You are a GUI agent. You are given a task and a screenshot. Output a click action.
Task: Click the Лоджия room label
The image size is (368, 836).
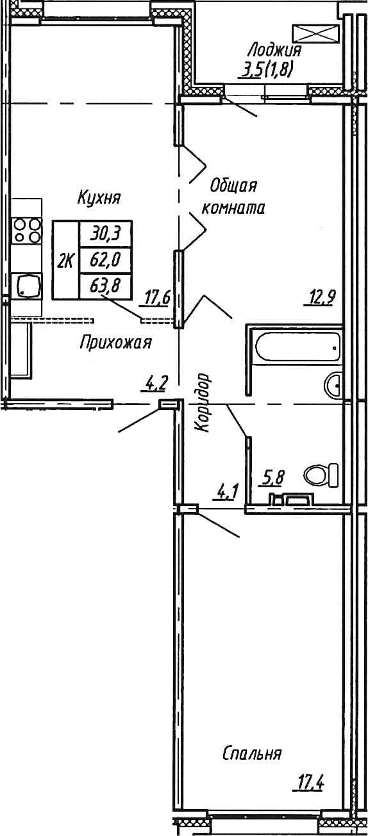(275, 49)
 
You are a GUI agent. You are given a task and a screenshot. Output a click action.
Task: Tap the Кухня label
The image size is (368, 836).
(99, 197)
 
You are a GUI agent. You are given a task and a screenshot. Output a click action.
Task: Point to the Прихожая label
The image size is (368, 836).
(115, 342)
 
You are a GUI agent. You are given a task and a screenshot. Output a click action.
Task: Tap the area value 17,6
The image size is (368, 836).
(157, 298)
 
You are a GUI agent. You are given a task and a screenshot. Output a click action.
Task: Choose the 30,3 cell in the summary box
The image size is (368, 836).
(105, 233)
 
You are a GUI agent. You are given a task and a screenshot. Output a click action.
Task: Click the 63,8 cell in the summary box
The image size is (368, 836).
(105, 286)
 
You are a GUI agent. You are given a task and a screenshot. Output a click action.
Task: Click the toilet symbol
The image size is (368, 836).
(321, 476)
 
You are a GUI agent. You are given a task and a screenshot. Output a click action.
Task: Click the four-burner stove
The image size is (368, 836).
(26, 231)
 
